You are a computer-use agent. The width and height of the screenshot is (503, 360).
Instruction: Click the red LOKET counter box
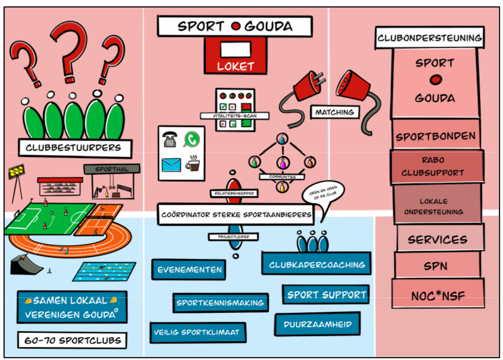point(235,56)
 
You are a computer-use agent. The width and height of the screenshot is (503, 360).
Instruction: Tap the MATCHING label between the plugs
point(335,112)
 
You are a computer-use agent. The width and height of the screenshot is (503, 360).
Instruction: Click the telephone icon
point(170,140)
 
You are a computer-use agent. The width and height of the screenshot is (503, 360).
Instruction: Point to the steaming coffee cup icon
point(193,163)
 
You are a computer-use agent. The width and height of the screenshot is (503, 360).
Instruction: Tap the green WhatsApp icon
point(192,139)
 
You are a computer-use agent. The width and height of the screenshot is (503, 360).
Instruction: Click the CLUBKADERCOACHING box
point(317,264)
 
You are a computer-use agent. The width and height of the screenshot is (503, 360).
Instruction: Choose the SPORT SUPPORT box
point(326,295)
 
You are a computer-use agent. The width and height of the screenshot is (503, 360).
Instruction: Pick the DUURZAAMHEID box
point(318,324)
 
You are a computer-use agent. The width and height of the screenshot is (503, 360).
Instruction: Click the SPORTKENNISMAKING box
point(220,303)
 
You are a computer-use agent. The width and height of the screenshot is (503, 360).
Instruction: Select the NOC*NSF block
point(438,295)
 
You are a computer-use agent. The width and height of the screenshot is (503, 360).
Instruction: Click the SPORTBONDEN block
point(436,136)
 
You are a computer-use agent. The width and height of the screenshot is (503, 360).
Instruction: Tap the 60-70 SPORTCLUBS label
point(72,341)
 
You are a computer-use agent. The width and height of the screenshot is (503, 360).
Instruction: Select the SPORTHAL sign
point(111,169)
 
